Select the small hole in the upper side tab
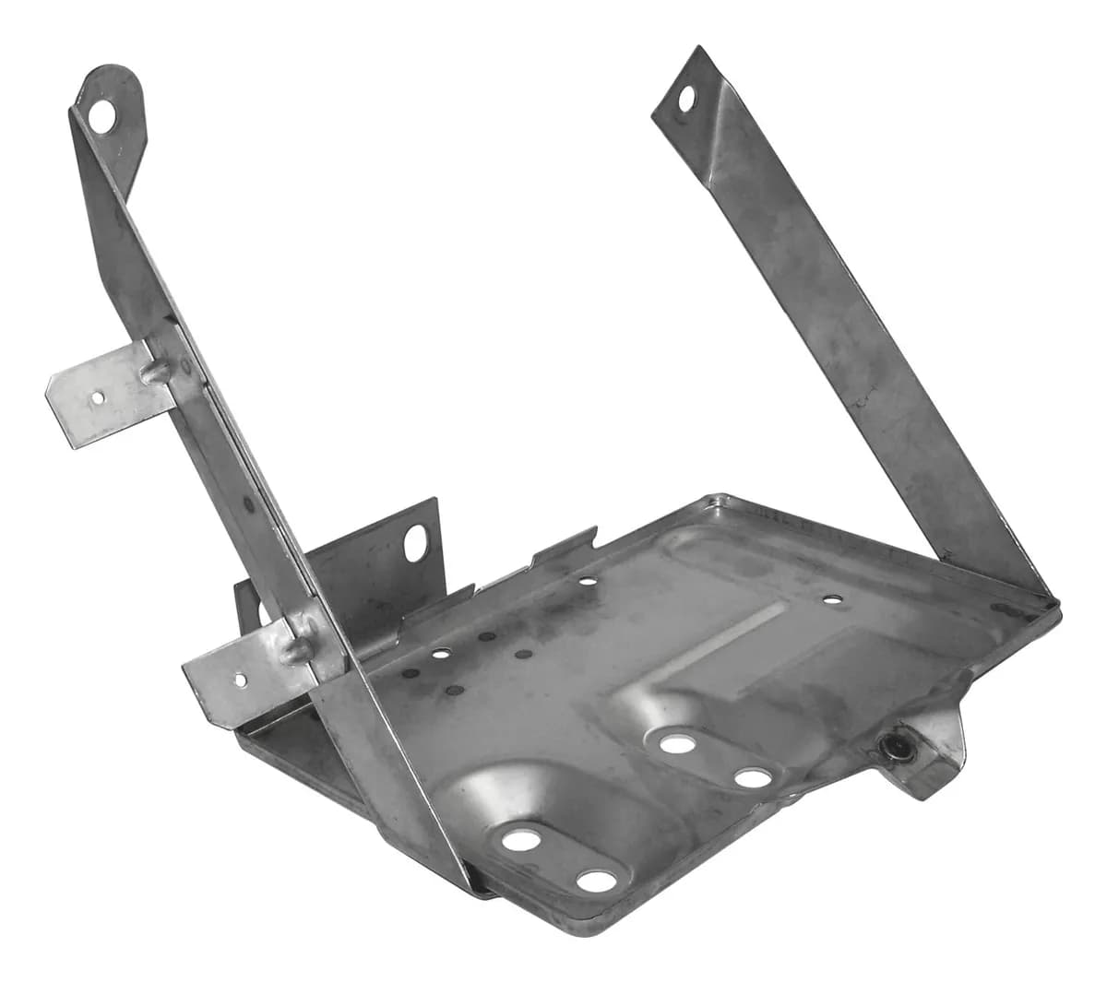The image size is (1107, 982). click(97, 399)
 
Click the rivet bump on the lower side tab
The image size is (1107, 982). click(291, 651)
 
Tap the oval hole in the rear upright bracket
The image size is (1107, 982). click(417, 538)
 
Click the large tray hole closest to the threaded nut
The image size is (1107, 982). click(753, 778)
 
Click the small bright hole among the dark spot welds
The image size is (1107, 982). click(442, 653)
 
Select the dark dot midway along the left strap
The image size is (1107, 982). click(248, 504)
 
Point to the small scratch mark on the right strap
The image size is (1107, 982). click(863, 399)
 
